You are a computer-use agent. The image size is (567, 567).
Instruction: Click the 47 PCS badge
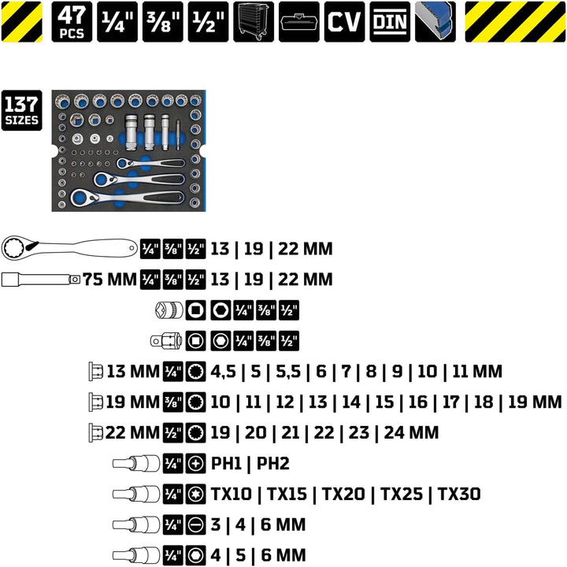tap(72, 22)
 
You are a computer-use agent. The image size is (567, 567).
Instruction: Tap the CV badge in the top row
tap(344, 22)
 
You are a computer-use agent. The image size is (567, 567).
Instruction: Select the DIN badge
tap(390, 22)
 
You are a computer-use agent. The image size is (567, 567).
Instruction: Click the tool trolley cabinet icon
tap(254, 22)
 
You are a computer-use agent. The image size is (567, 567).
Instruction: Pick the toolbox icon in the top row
tap(299, 22)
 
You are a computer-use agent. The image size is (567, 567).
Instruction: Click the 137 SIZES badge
tap(22, 110)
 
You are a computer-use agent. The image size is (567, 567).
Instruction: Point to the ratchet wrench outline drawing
tap(70, 248)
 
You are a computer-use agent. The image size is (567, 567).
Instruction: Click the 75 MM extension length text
tap(109, 280)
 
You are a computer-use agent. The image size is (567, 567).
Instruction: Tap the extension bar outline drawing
tap(41, 280)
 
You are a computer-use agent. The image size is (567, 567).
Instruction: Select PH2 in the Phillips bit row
tap(273, 463)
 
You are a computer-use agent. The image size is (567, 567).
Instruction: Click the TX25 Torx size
tap(402, 494)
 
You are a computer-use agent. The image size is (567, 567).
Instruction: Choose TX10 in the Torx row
tap(231, 494)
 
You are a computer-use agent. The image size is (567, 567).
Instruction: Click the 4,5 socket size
tap(223, 372)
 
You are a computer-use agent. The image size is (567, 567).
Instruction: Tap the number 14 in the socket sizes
tap(351, 402)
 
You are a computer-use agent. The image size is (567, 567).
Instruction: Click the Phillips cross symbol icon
tap(195, 463)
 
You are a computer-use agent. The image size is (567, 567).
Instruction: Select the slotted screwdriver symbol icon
tap(195, 524)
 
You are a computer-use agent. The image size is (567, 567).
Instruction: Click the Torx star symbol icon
tap(195, 494)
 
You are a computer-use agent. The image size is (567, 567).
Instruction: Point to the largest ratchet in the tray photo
tap(128, 198)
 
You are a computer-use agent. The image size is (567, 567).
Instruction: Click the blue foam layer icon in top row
tap(435, 22)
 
